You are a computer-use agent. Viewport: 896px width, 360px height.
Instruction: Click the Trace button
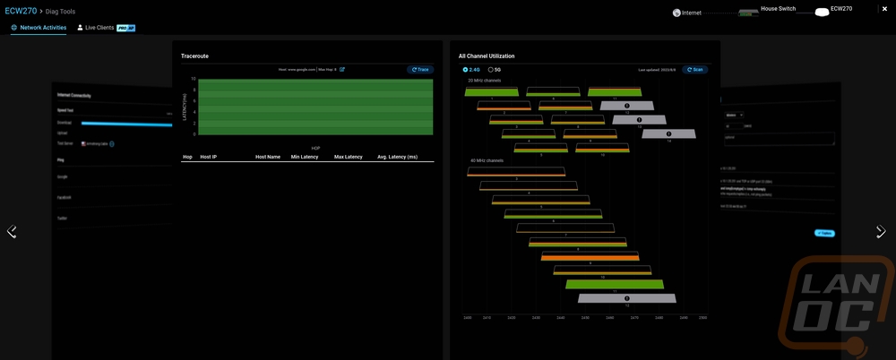pos(419,69)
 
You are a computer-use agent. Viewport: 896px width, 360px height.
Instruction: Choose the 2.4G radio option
pos(465,69)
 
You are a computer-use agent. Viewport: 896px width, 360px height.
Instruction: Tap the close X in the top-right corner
pos(885,9)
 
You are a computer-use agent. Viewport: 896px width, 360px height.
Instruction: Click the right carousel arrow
pos(881,231)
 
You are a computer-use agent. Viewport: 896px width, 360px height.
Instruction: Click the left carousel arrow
pos(12,231)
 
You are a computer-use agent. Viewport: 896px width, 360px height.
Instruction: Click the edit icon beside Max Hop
pos(342,69)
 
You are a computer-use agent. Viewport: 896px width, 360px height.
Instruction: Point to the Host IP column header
pos(208,157)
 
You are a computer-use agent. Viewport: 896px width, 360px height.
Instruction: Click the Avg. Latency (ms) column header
pos(397,157)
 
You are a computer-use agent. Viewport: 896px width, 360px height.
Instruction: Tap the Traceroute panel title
pos(195,56)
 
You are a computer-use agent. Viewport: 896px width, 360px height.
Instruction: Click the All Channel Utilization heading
pos(486,56)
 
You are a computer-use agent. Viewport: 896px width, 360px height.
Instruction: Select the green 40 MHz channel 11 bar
pos(615,285)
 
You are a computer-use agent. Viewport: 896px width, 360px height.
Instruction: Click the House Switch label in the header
pos(777,9)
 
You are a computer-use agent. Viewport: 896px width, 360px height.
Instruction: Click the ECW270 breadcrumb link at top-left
pos(22,11)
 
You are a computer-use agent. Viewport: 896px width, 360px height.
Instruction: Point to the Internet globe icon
pos(676,13)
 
